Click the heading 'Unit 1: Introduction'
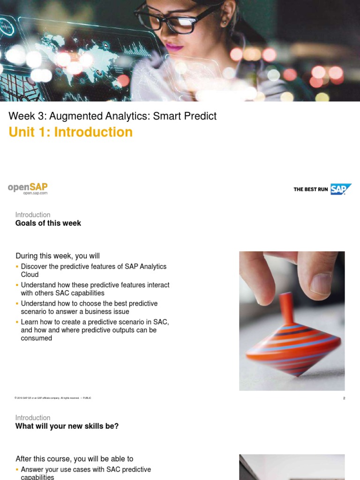pyautogui.click(x=70, y=132)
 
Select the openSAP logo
pyautogui.click(x=28, y=187)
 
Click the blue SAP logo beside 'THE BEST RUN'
pyautogui.click(x=341, y=189)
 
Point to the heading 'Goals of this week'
pyautogui.click(x=48, y=223)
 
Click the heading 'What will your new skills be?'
pyautogui.click(x=67, y=426)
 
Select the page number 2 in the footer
pyautogui.click(x=344, y=398)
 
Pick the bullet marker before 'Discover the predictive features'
pyautogui.click(x=17, y=267)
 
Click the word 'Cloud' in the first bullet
pyautogui.click(x=30, y=275)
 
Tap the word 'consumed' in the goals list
pyautogui.click(x=37, y=338)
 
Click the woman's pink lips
pyautogui.click(x=174, y=46)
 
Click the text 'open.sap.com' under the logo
pyautogui.click(x=36, y=193)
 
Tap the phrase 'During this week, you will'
pyautogui.click(x=58, y=256)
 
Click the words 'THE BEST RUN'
pyautogui.click(x=311, y=189)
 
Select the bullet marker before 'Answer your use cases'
pyautogui.click(x=17, y=470)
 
